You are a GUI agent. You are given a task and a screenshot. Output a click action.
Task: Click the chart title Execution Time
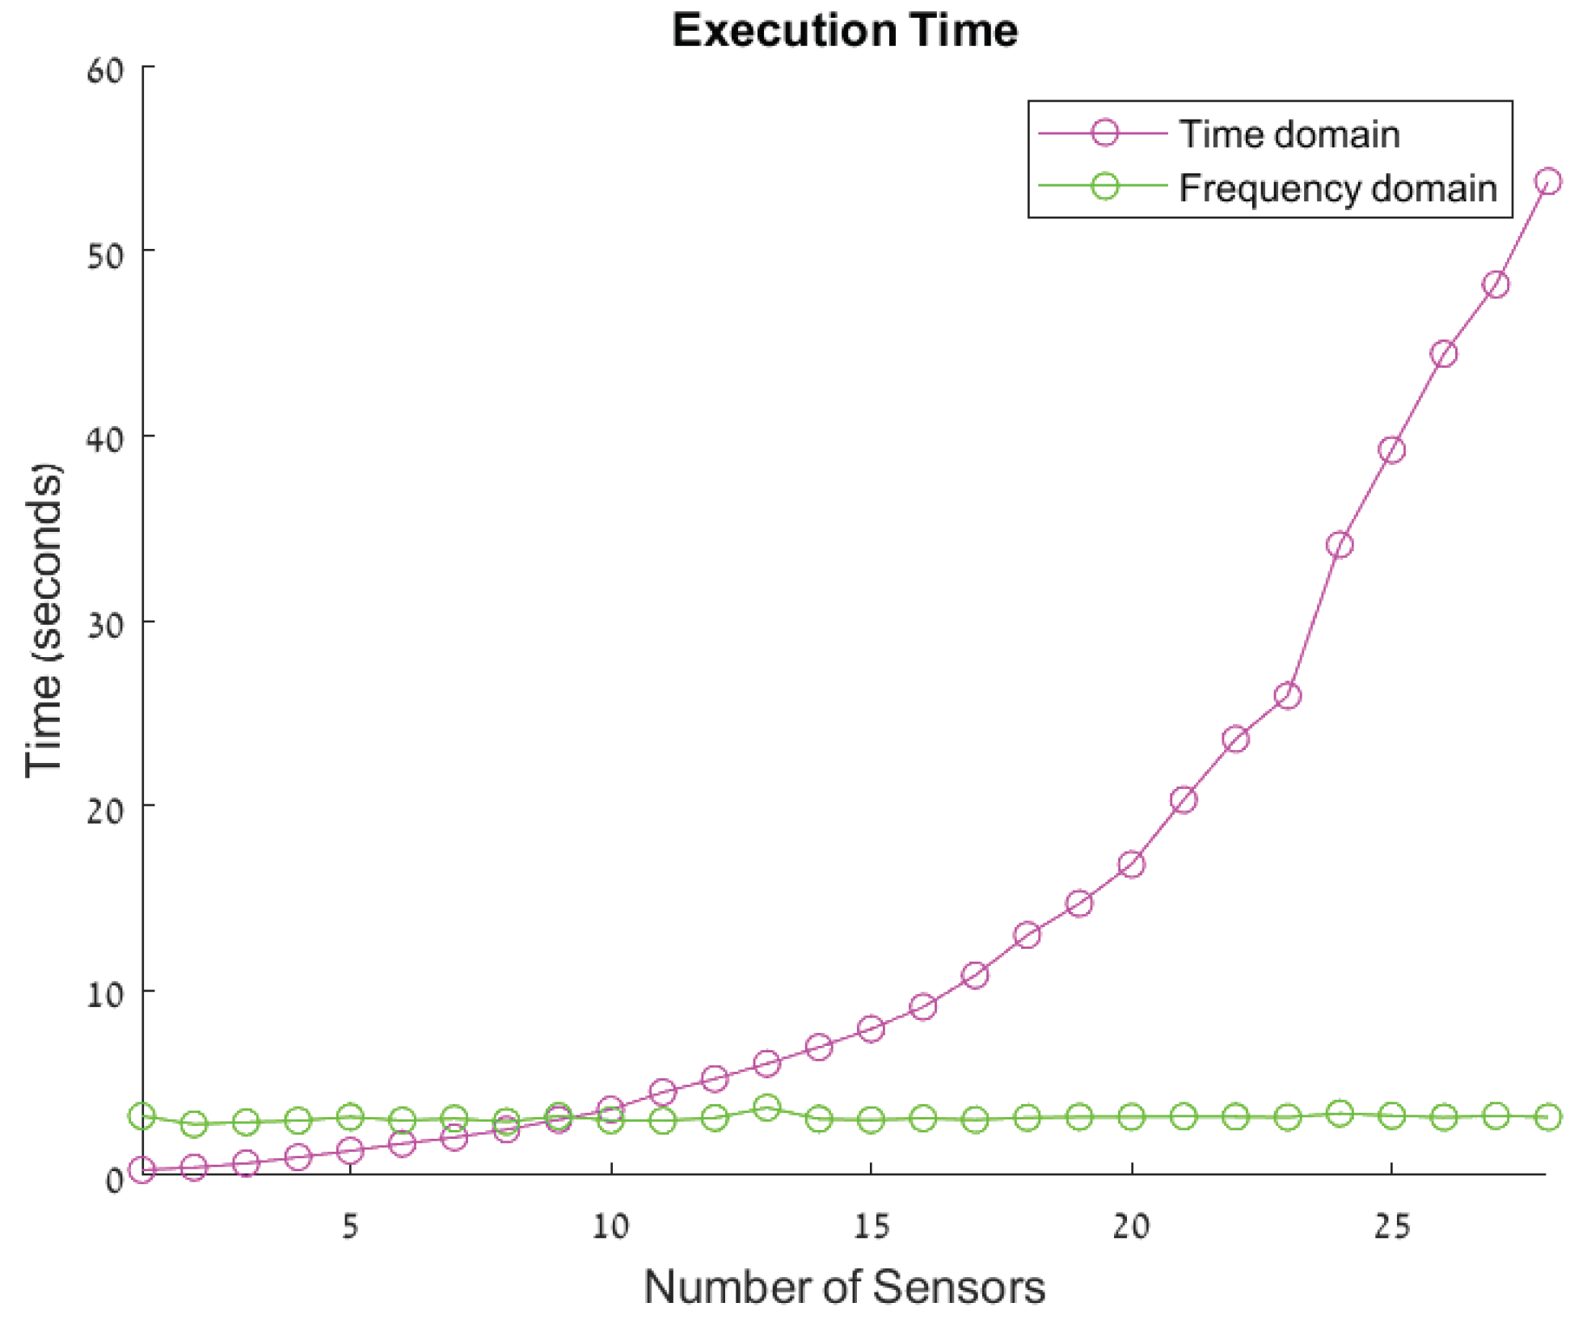pos(844,31)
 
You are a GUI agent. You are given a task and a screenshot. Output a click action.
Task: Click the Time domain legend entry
pos(1289,133)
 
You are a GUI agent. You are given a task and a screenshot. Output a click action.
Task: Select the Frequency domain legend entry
pos(1337,188)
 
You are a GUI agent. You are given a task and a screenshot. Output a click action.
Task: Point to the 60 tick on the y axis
pos(106,71)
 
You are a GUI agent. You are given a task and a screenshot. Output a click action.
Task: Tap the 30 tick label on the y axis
pos(106,625)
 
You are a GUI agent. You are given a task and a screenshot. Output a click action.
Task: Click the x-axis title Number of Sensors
pos(844,1287)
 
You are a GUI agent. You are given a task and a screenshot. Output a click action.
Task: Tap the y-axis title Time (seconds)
pos(44,621)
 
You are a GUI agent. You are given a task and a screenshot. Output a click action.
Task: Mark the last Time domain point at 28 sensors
pos(1548,182)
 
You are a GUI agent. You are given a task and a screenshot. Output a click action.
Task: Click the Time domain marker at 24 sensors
pos(1340,544)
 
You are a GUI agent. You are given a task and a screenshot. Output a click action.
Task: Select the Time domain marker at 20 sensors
pos(1132,864)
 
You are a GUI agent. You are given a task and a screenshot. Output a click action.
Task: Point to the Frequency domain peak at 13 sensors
pos(766,1107)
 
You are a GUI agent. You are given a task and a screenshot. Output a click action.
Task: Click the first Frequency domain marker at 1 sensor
pos(142,1116)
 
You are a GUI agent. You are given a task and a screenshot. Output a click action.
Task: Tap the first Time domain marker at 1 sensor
pos(142,1170)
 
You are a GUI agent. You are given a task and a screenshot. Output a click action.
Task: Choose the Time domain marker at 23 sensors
pos(1288,695)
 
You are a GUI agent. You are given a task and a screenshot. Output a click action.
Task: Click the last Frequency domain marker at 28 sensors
pos(1548,1117)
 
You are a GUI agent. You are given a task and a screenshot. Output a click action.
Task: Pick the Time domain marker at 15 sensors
pos(871,1029)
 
